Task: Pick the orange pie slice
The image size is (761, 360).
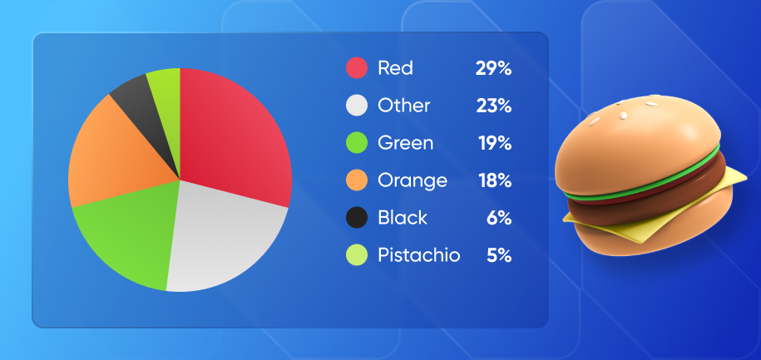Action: click(x=108, y=158)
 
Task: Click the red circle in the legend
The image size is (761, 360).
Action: click(x=357, y=68)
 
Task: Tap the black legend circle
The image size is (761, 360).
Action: click(x=357, y=218)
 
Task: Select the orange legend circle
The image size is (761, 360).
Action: click(x=357, y=180)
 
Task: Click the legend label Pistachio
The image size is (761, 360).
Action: click(x=418, y=255)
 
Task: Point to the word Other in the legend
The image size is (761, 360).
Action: click(x=403, y=106)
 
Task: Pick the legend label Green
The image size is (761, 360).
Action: click(x=405, y=143)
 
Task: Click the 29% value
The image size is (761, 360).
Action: click(x=493, y=68)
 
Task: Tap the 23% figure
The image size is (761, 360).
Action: click(x=493, y=106)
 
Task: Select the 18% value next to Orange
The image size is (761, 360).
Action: click(x=494, y=180)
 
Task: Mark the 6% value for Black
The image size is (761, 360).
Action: click(x=498, y=218)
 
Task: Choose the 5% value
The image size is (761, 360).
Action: click(x=498, y=255)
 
